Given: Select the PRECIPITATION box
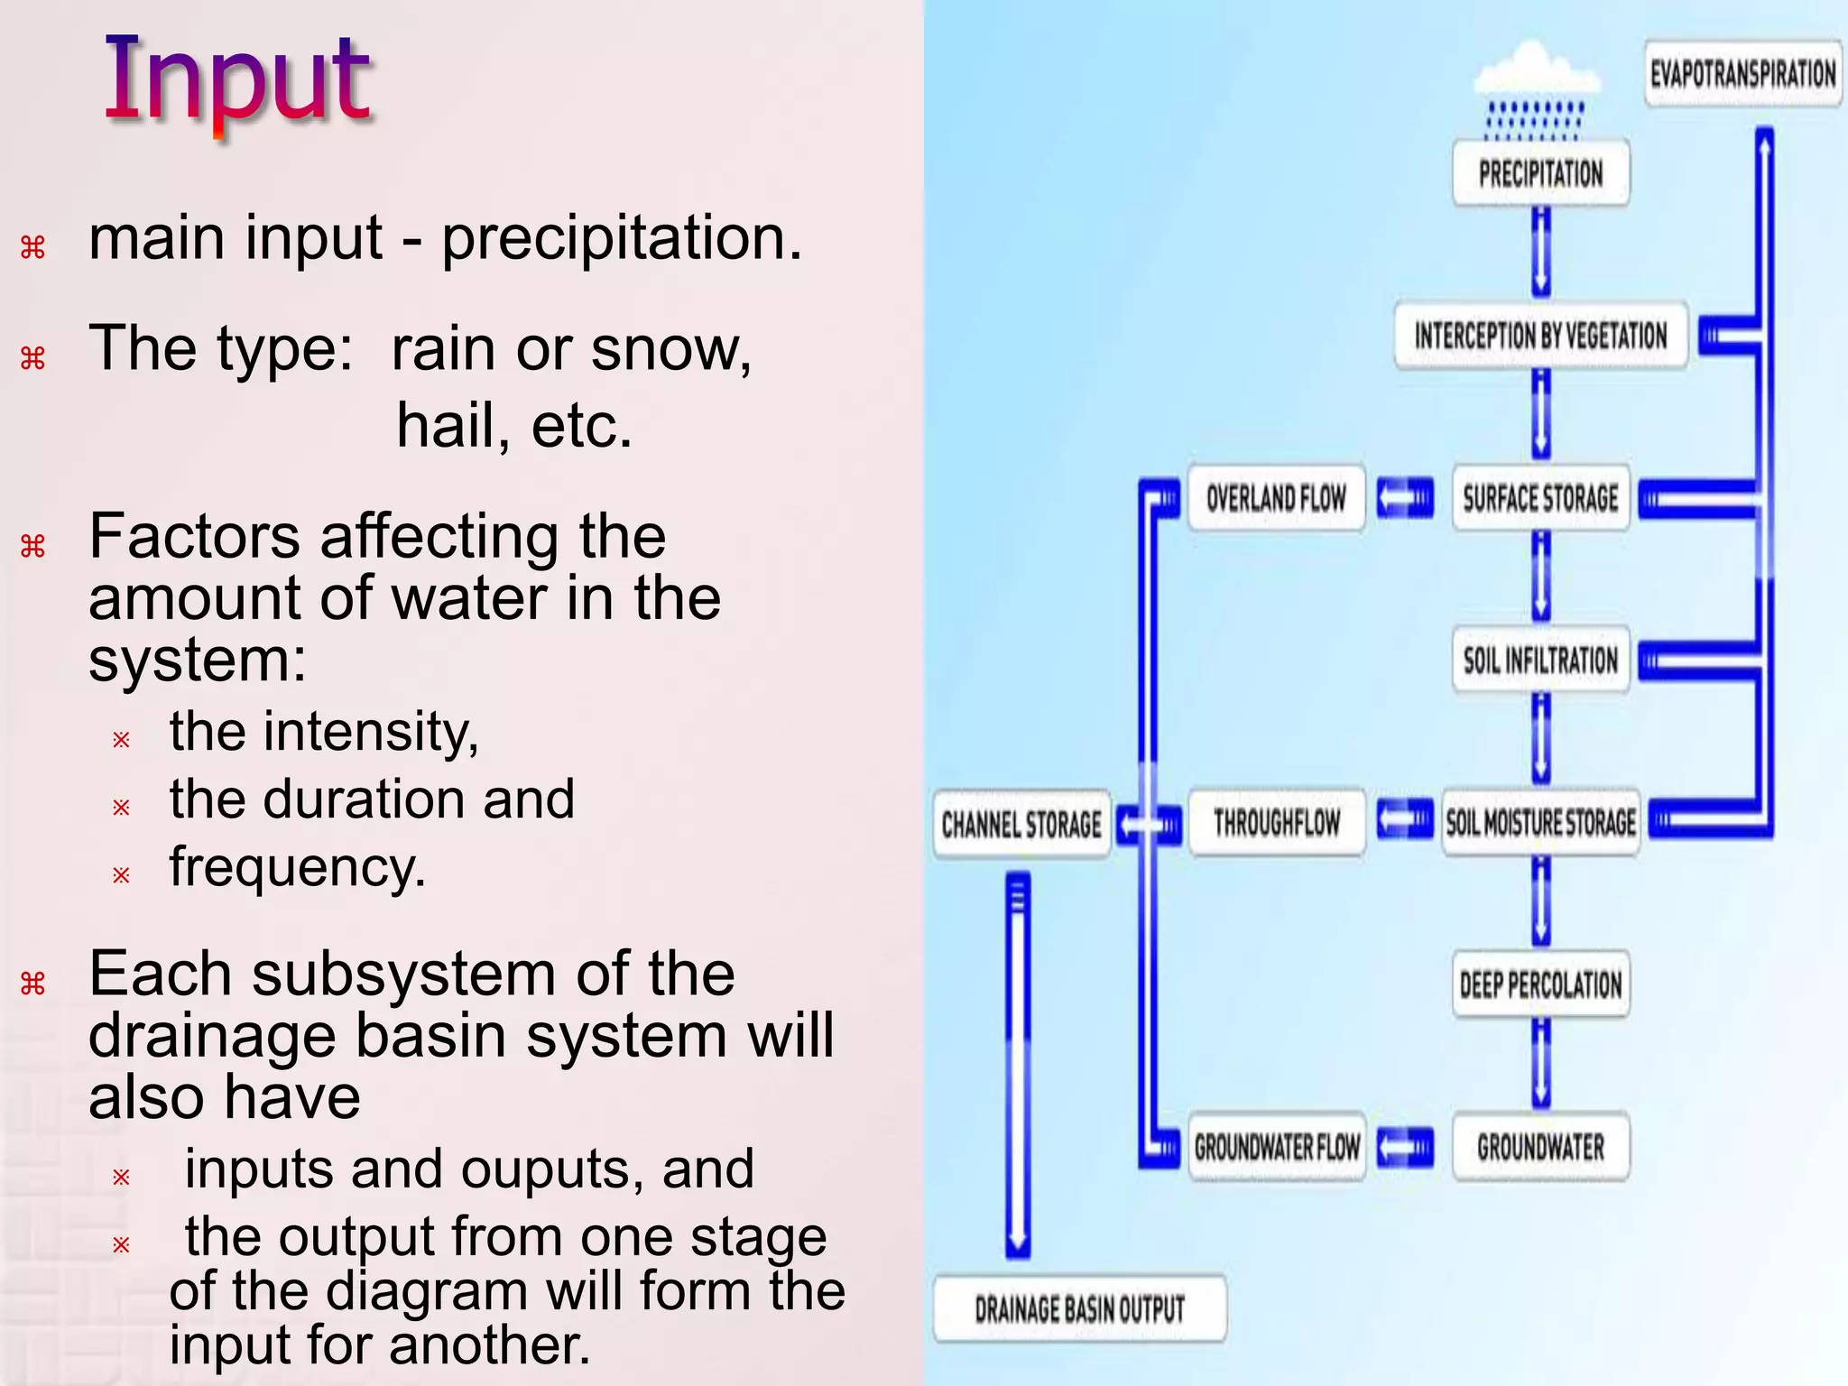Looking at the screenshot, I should click(x=1540, y=173).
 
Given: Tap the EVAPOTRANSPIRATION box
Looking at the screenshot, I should click(x=1742, y=74).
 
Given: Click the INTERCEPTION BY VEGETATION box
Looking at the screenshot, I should click(x=1540, y=337).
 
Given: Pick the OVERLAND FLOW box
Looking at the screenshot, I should click(x=1276, y=498).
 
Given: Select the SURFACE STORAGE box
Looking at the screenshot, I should click(x=1540, y=498).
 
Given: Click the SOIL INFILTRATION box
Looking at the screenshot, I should click(x=1540, y=661).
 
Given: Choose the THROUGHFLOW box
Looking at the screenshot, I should click(x=1276, y=823).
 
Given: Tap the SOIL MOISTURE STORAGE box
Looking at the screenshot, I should click(x=1540, y=823).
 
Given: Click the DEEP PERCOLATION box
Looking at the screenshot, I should click(x=1540, y=984).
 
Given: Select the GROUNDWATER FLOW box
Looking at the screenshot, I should click(x=1276, y=1148).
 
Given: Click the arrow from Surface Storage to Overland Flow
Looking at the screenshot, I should click(x=1405, y=498).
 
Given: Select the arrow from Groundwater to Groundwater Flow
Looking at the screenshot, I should click(x=1405, y=1148).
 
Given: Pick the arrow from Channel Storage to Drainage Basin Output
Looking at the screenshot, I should click(x=1018, y=1065).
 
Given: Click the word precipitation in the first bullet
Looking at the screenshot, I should click(x=621, y=238).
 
